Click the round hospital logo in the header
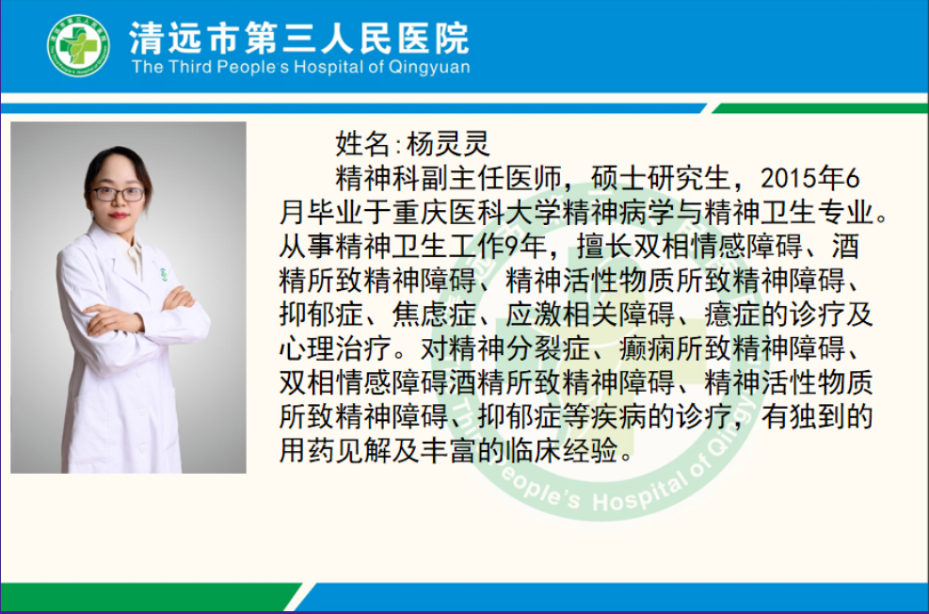(78, 45)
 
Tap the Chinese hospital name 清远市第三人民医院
(299, 38)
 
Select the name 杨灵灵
(448, 143)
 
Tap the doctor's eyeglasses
(118, 194)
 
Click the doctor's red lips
(118, 215)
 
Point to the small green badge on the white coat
(163, 274)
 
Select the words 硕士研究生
(660, 178)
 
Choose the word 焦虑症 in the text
(434, 315)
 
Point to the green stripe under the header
(820, 108)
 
